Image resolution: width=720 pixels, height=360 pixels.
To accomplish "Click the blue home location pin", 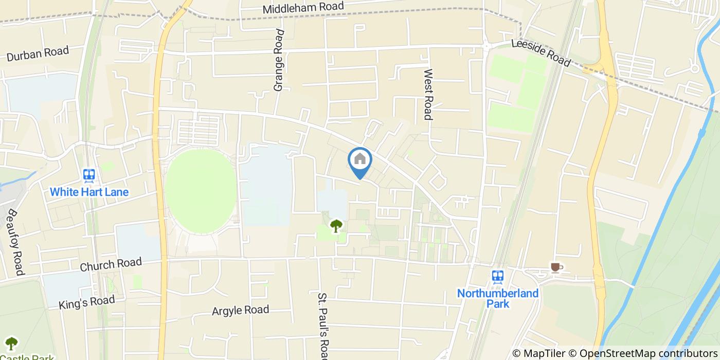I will [x=360, y=160].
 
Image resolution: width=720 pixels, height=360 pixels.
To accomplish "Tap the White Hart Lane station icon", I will [x=89, y=176].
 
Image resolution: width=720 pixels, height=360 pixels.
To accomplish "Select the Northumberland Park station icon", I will [x=497, y=277].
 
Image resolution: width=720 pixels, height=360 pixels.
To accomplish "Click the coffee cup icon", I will [x=555, y=267].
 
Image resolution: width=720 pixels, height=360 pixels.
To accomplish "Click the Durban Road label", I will [x=38, y=54].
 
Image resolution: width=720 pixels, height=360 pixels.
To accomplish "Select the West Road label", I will [x=428, y=95].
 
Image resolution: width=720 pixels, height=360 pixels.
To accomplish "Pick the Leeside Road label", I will [x=541, y=53].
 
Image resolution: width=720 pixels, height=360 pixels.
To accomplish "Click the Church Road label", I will [x=111, y=264].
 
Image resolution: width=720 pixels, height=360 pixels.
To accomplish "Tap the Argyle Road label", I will [x=241, y=310].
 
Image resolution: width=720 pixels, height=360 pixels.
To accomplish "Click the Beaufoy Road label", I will [x=16, y=242].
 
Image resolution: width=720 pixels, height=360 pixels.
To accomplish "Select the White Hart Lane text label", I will [x=89, y=192].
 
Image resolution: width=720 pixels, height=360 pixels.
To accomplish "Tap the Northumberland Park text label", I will [x=498, y=298].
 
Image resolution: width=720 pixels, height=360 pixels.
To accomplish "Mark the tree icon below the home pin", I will [x=336, y=225].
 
